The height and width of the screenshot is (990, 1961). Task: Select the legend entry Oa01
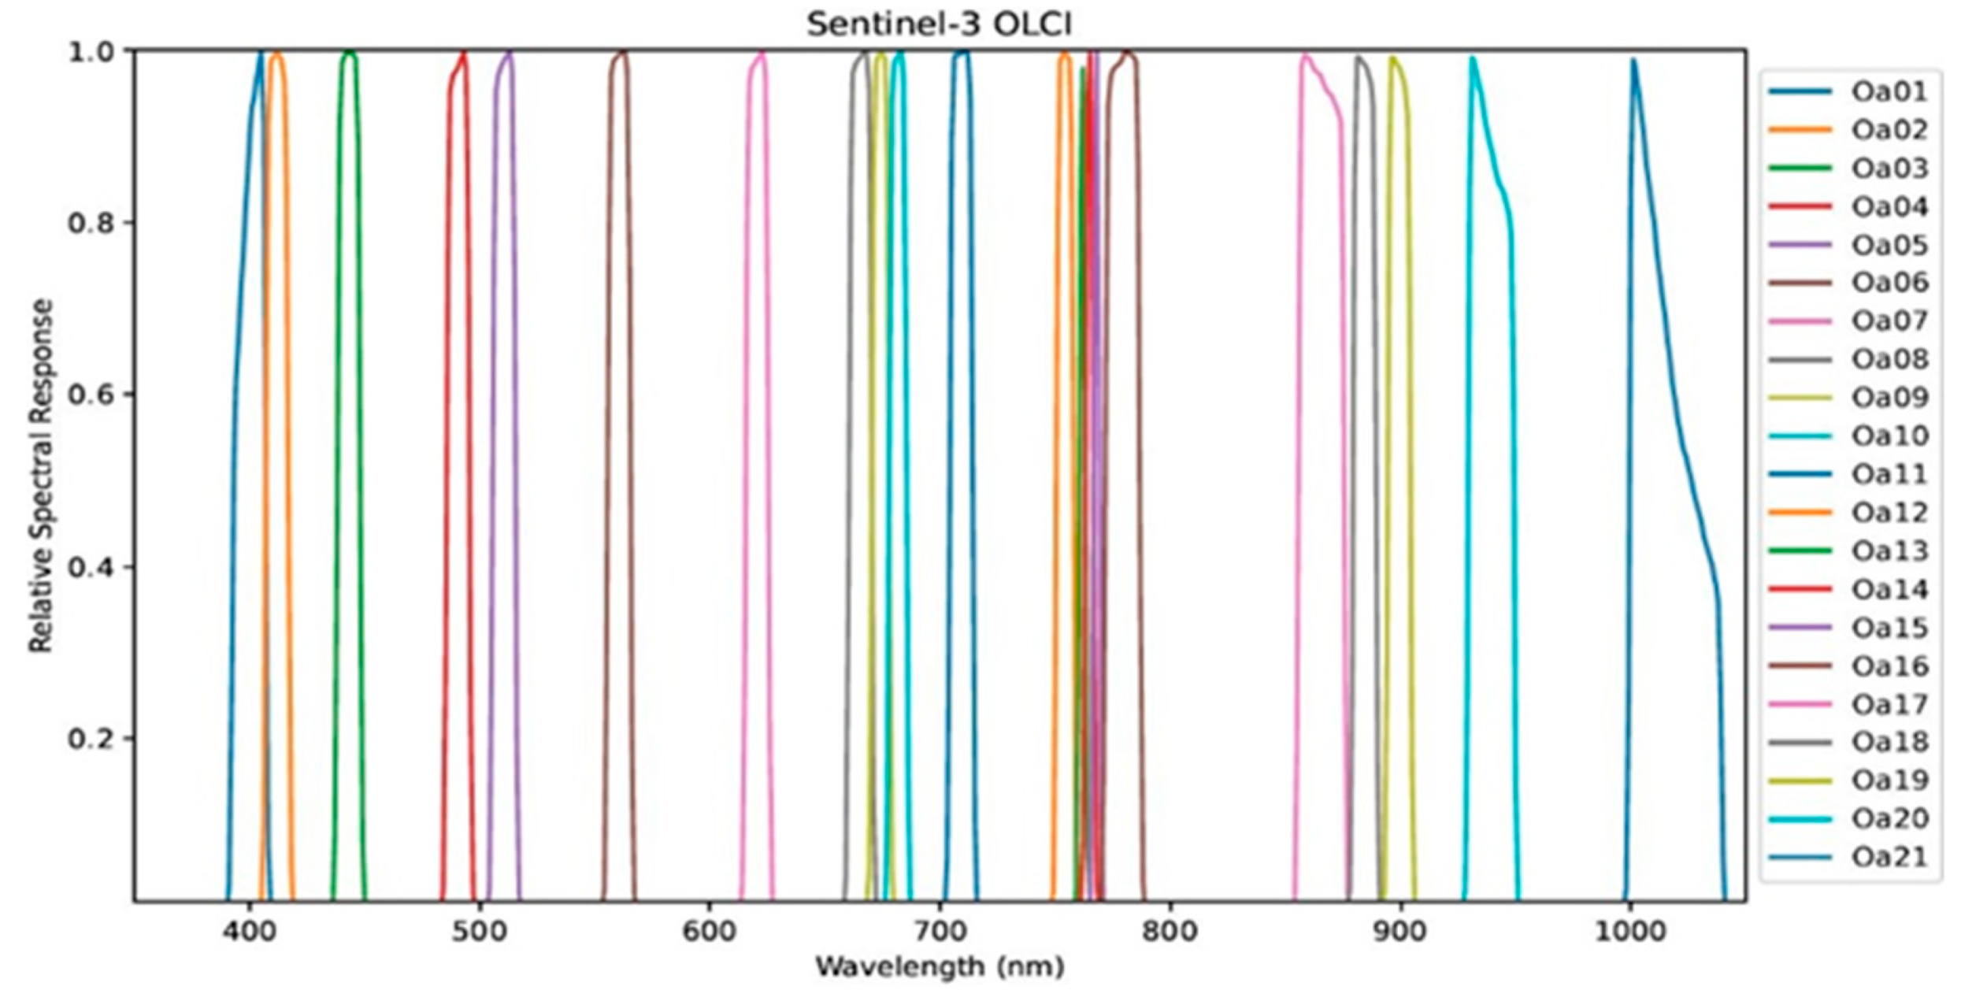(1889, 91)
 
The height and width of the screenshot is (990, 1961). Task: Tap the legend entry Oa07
(1889, 321)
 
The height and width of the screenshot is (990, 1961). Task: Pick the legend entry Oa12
(1889, 513)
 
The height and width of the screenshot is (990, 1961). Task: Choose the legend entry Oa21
(1889, 857)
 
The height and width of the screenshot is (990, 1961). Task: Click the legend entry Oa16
(1889, 666)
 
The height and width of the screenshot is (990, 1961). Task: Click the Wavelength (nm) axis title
(939, 966)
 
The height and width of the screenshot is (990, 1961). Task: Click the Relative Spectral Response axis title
(41, 475)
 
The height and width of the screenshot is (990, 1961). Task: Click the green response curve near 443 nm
(337, 473)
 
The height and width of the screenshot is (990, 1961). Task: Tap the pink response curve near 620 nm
(743, 473)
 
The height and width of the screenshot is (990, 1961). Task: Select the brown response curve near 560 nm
(607, 473)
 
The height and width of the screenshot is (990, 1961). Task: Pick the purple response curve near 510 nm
(492, 473)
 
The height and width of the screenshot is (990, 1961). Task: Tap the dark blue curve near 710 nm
(948, 473)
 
